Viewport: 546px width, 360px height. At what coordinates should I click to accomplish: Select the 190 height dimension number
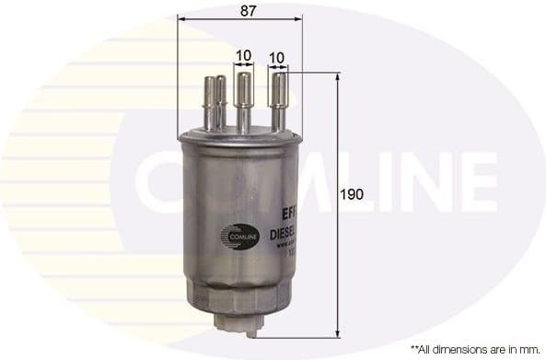pos(352,194)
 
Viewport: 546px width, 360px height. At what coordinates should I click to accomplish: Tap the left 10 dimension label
pos(243,56)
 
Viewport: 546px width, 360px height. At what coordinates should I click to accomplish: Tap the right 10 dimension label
pos(276,56)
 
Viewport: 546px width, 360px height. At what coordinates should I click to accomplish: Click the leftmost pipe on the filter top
pos(210,103)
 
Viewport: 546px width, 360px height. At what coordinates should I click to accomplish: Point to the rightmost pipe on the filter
pos(278,101)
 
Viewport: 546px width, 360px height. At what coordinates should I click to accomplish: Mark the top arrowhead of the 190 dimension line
pos(339,77)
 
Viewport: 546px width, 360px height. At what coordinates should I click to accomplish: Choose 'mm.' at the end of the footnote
pos(531,350)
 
